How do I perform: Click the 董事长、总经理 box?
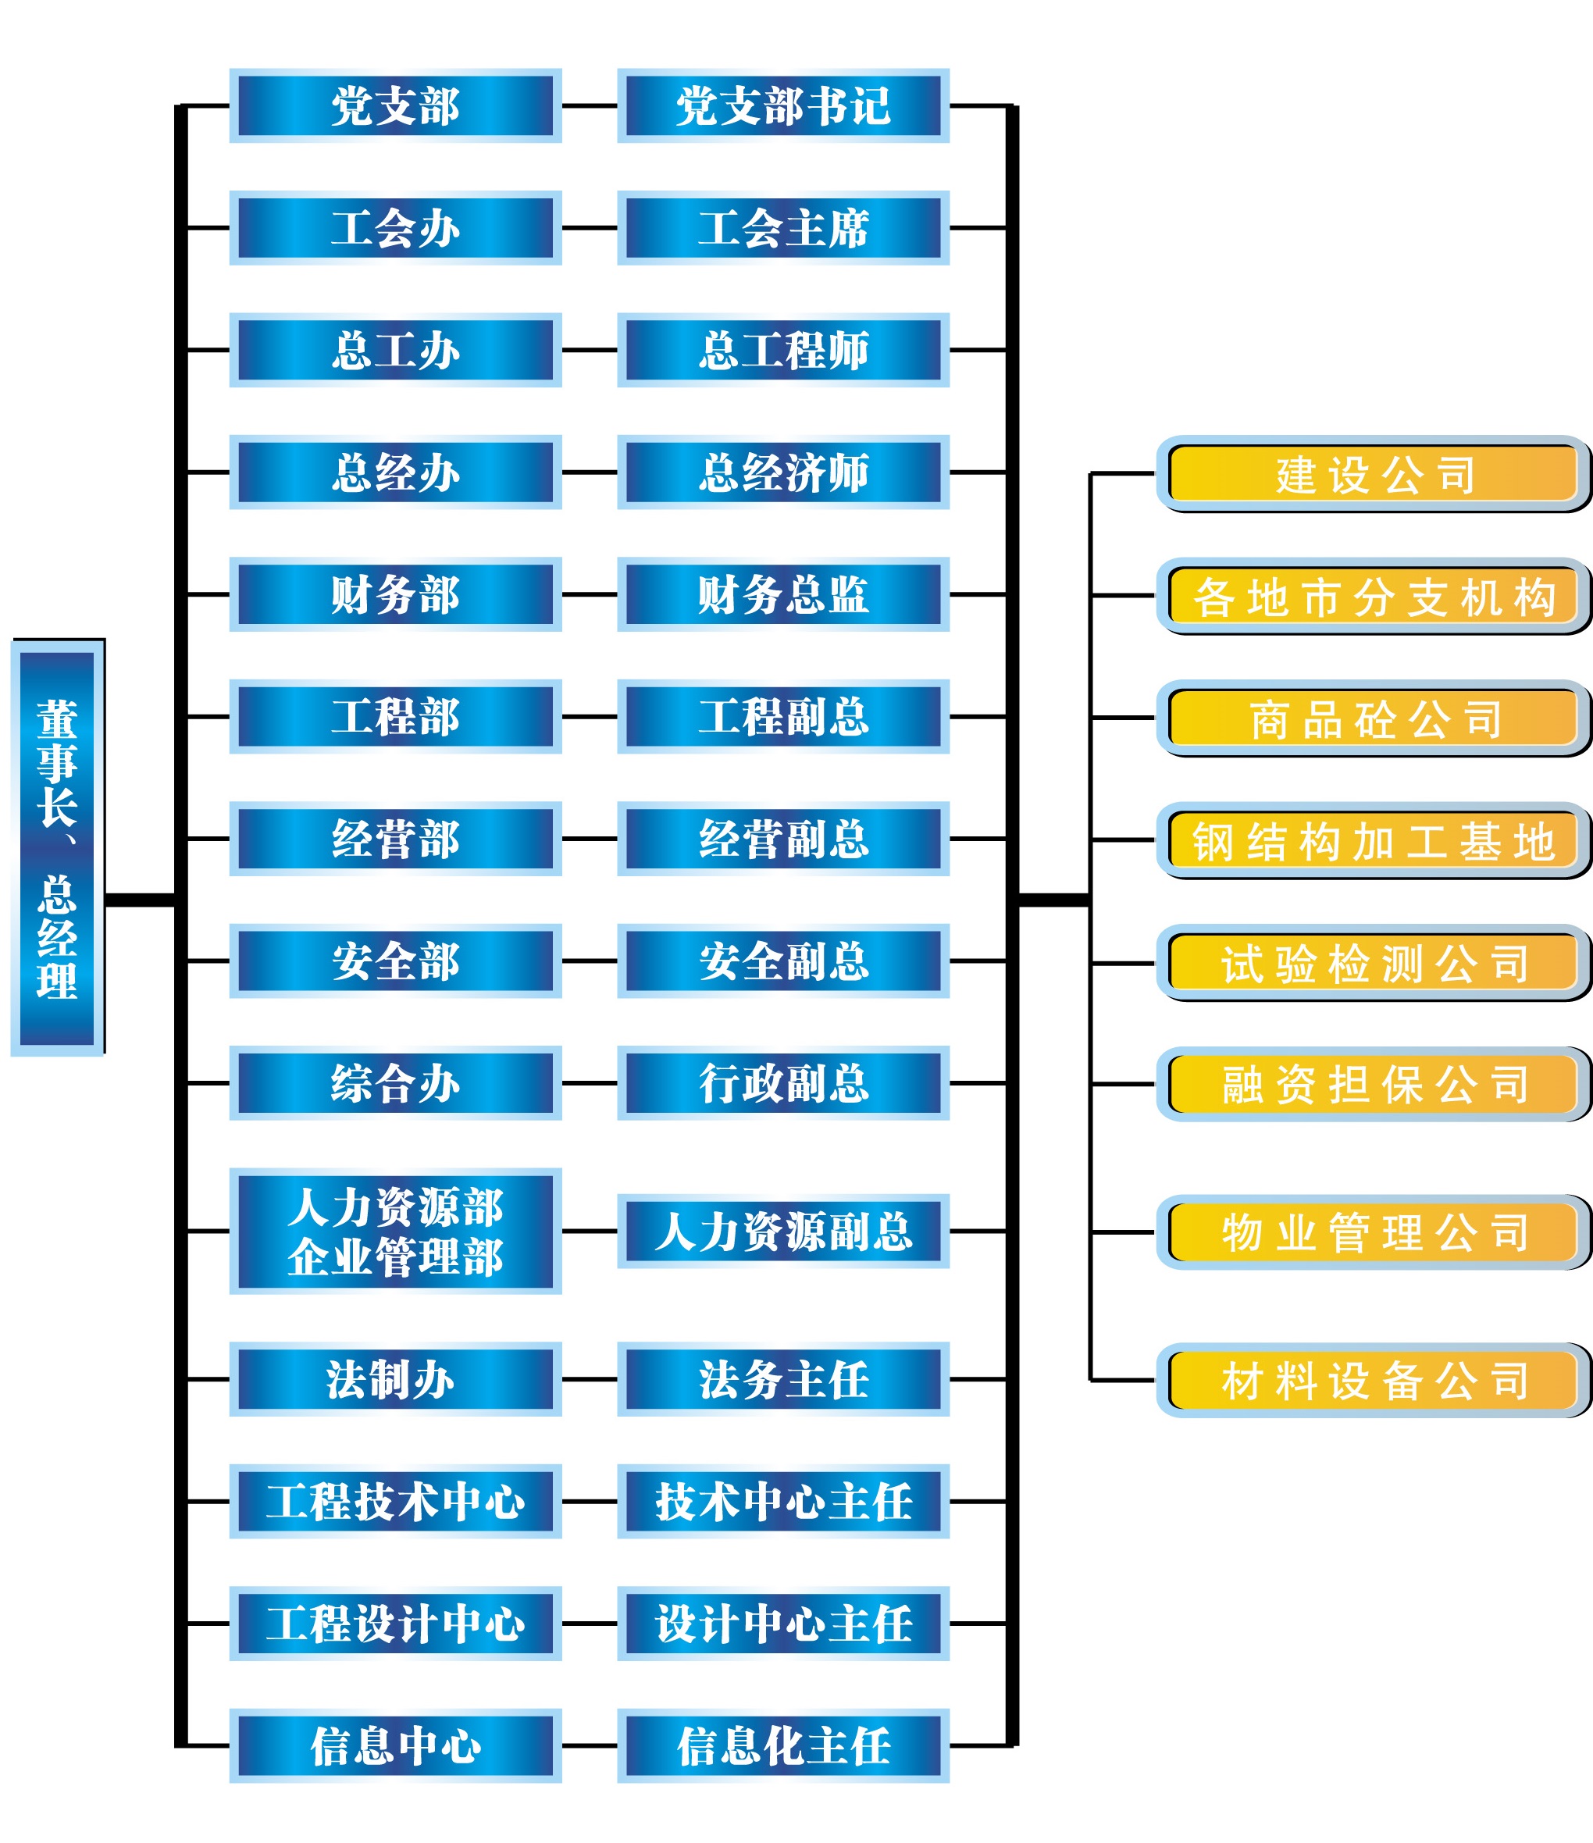57,847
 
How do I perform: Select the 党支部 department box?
396,106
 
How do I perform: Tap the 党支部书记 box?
782,106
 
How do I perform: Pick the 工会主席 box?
782,228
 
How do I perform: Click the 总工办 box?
396,351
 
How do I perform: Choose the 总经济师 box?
782,472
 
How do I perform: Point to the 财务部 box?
396,594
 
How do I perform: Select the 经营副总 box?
782,839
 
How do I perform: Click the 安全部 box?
396,961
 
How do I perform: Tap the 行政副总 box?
782,1082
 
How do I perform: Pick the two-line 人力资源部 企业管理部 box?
396,1231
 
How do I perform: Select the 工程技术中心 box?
396,1502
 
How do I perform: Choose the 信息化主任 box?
782,1746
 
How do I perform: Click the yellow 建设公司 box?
1374,474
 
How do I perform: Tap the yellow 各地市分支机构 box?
1374,596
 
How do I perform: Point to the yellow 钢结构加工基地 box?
1374,840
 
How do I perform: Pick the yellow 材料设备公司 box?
1374,1381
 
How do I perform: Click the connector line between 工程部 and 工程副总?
590,717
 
